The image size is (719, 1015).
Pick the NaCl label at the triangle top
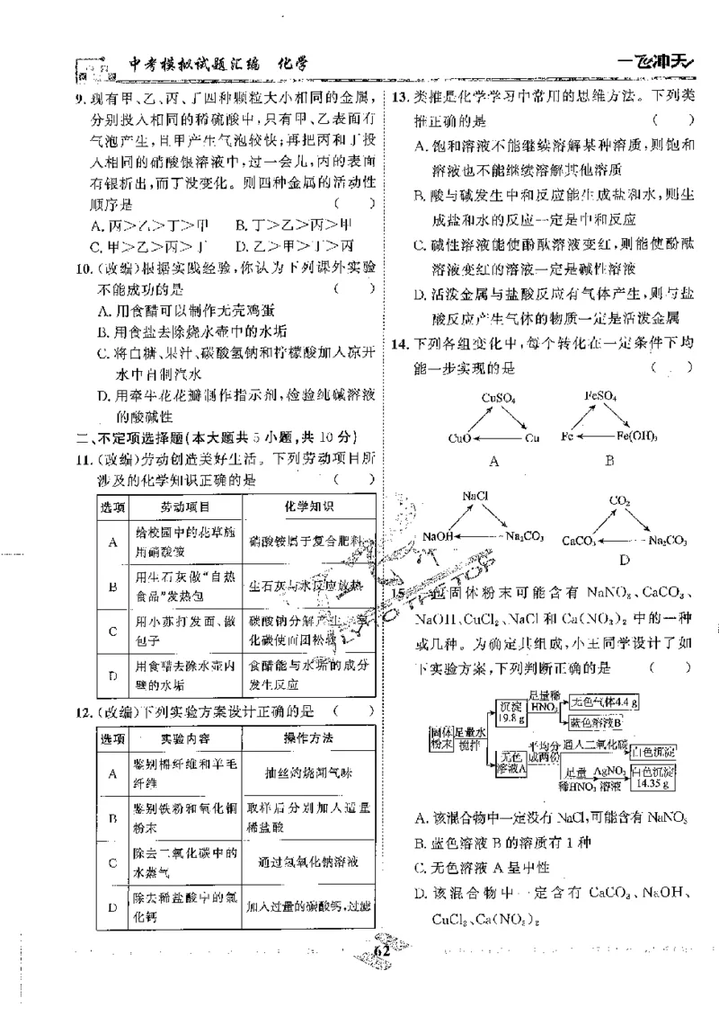(475, 495)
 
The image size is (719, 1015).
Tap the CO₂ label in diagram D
(619, 499)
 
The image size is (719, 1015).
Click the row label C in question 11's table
(112, 631)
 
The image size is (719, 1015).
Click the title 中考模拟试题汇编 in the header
(193, 64)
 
